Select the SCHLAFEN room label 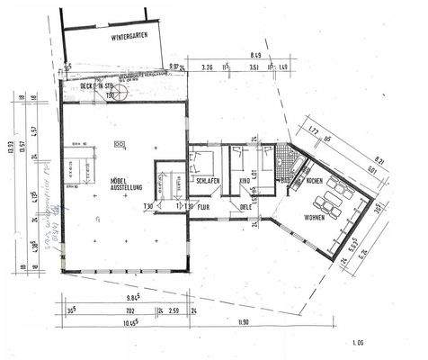coord(208,181)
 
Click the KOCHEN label coord(315,181)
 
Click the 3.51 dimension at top coord(255,67)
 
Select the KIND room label coord(244,181)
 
